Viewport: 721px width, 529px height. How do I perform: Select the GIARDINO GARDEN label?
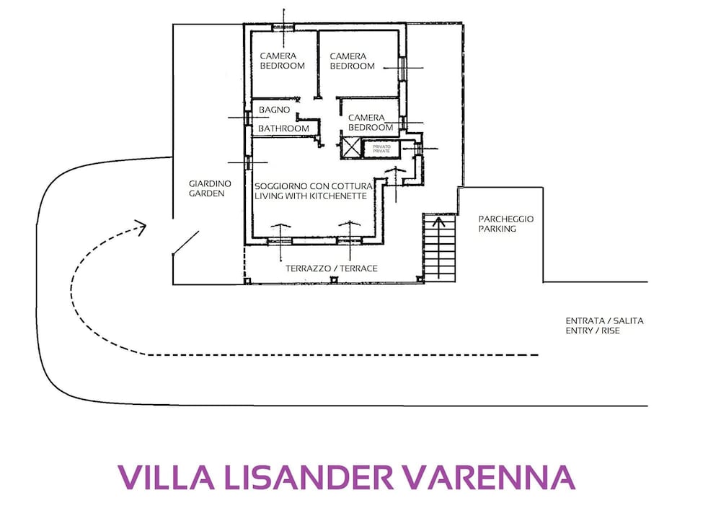click(x=210, y=188)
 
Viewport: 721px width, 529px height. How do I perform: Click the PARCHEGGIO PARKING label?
click(x=506, y=224)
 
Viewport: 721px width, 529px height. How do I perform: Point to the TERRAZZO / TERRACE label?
click(x=332, y=268)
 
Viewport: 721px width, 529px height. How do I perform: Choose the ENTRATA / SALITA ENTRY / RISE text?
click(x=604, y=325)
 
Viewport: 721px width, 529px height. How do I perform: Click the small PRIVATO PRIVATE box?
click(x=381, y=149)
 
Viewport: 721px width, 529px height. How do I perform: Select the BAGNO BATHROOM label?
click(x=283, y=119)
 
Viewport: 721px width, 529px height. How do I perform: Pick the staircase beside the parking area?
click(x=439, y=248)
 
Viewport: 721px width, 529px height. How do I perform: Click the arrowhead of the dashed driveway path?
click(x=141, y=227)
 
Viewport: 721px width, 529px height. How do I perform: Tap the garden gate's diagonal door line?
click(x=186, y=242)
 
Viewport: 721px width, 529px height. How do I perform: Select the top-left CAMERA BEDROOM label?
click(x=283, y=61)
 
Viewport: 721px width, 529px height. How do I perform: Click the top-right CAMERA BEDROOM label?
click(x=353, y=61)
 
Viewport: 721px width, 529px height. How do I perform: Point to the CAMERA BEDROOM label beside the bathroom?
click(x=371, y=123)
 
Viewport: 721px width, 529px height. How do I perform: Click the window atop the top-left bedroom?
click(x=283, y=27)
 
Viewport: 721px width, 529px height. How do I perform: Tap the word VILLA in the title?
click(x=167, y=477)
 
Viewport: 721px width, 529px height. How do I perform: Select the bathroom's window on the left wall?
click(x=248, y=118)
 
